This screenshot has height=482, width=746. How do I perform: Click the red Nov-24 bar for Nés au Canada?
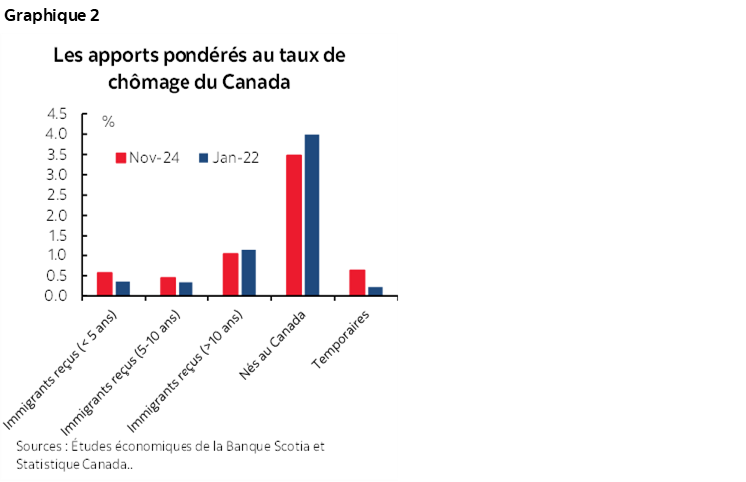point(294,226)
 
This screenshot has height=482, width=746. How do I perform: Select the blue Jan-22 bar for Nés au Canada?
point(312,216)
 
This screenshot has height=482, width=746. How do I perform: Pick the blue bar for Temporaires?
point(375,291)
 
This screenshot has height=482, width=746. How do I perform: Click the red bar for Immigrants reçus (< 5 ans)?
point(105,284)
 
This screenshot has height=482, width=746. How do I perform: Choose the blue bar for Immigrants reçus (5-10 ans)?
point(186,289)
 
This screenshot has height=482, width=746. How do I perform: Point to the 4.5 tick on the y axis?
point(57,114)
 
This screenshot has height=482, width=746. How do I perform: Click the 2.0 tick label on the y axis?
point(57,215)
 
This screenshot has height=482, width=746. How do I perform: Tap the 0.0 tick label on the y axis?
point(57,296)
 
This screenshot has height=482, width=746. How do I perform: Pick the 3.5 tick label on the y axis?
point(57,154)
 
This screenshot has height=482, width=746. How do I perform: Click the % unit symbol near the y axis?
point(108,122)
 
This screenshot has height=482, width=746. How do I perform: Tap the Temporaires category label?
point(341,338)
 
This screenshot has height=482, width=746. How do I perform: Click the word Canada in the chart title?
point(257,82)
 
